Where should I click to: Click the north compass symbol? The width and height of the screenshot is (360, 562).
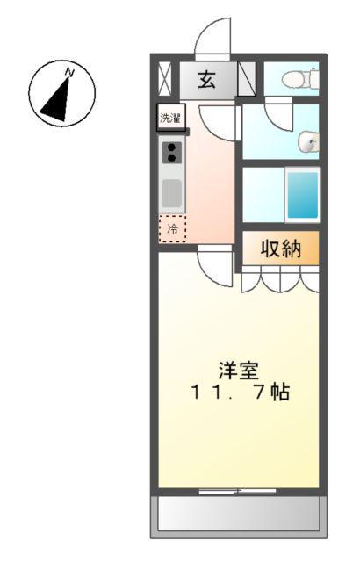61,92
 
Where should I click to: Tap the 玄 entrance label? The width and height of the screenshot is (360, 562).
207,80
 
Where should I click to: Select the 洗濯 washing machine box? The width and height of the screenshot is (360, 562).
168,117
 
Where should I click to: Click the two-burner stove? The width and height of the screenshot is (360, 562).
171,152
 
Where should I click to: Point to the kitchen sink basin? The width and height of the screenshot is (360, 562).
171,192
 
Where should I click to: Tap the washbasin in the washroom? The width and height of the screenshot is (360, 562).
307,141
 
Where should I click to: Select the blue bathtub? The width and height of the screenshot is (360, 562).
302,195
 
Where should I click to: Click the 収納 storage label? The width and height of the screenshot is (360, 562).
280,249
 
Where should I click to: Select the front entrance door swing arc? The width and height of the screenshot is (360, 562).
212,40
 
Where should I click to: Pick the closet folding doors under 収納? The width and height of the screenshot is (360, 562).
279,279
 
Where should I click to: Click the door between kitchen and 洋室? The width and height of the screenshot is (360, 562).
214,262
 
